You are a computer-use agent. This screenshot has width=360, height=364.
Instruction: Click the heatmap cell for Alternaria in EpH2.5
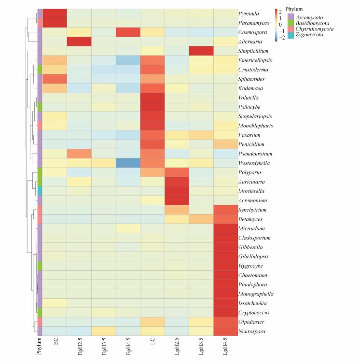[x=79, y=42]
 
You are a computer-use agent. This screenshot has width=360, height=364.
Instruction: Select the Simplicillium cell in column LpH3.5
[x=201, y=51]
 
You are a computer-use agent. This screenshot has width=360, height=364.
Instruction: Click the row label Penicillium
[x=252, y=144]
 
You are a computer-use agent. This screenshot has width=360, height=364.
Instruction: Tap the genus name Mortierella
[x=253, y=191]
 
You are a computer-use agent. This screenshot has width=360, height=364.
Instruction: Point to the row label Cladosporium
[x=254, y=238]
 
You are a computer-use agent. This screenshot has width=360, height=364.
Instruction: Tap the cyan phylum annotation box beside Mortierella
[x=40, y=191]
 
